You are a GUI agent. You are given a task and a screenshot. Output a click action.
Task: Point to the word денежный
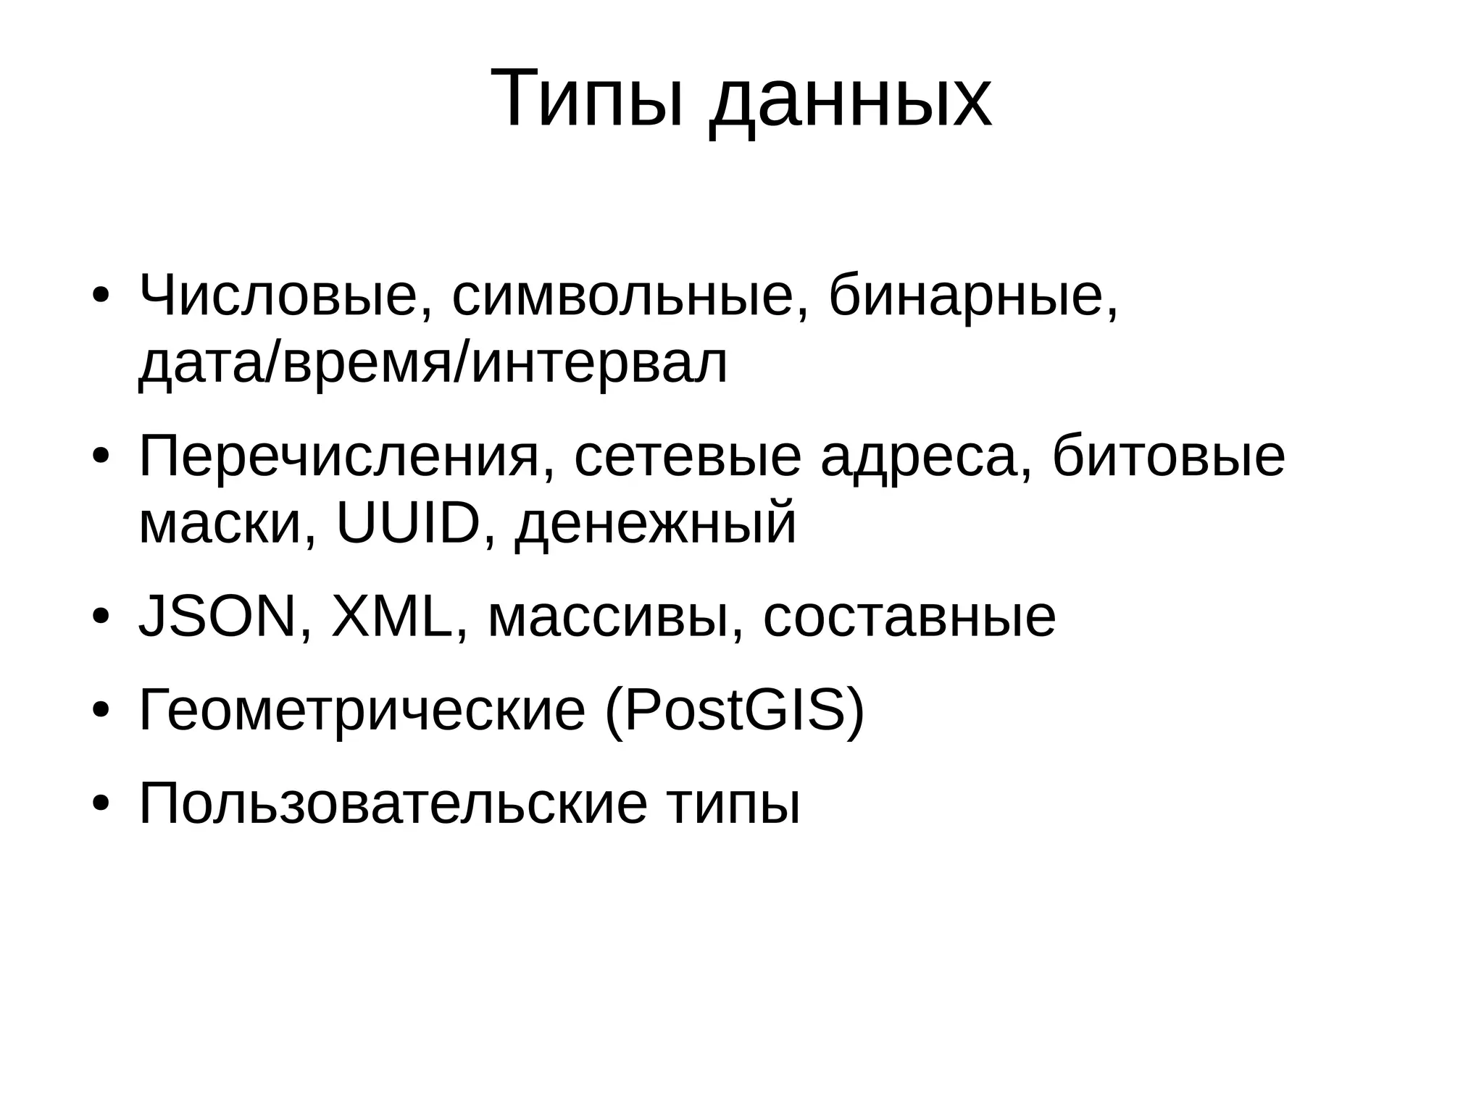tap(656, 524)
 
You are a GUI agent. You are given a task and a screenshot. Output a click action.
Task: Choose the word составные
tap(909, 618)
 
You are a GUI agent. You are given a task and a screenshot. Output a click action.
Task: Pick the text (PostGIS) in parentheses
tap(734, 711)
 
